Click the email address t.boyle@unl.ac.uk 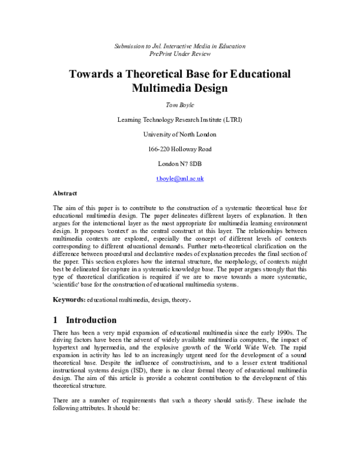click(x=180, y=179)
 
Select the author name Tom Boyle click(x=180, y=104)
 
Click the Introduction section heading click(x=91, y=319)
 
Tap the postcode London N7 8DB click(x=180, y=164)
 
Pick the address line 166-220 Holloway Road click(x=180, y=149)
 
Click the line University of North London click(x=180, y=134)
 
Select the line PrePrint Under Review click(x=180, y=53)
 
